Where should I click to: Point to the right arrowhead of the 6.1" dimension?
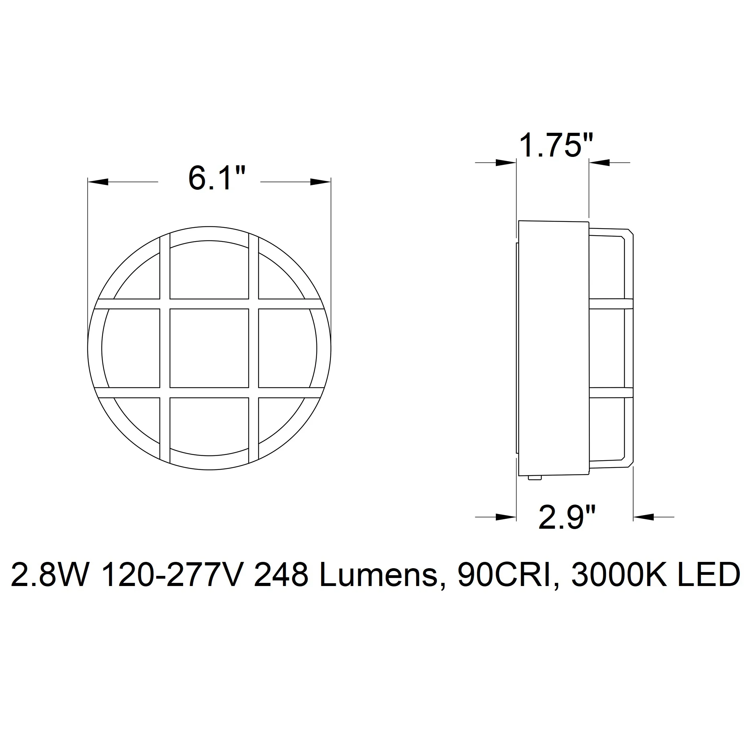click(320, 182)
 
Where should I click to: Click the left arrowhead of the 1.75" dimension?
click(506, 163)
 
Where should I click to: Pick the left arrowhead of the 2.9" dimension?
click(506, 517)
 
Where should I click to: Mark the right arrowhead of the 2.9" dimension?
click(644, 517)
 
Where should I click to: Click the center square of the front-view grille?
click(209, 348)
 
